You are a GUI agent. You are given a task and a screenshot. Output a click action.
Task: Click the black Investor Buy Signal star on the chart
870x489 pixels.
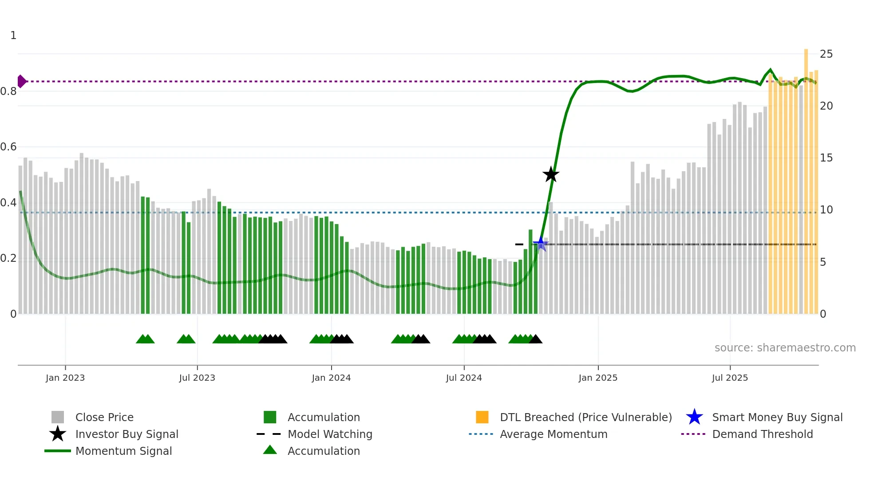pyautogui.click(x=551, y=174)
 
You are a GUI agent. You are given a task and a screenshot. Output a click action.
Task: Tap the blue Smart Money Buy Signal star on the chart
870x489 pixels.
pyautogui.click(x=540, y=243)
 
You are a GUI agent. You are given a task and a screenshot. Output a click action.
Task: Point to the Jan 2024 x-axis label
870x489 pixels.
pyautogui.click(x=331, y=378)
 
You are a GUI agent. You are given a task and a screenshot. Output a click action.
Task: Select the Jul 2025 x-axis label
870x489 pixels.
pyautogui.click(x=730, y=378)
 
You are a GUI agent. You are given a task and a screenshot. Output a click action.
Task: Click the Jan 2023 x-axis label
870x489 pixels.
pyautogui.click(x=65, y=378)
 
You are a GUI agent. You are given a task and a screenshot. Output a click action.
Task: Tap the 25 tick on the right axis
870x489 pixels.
pyautogui.click(x=826, y=54)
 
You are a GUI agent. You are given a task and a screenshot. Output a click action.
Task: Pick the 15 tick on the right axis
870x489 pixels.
pyautogui.click(x=826, y=158)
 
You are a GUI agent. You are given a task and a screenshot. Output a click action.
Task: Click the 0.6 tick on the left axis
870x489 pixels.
pyautogui.click(x=8, y=147)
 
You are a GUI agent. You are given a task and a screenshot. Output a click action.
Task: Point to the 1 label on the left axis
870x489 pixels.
pyautogui.click(x=13, y=35)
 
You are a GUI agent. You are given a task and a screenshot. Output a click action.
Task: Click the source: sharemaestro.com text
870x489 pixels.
pyautogui.click(x=785, y=347)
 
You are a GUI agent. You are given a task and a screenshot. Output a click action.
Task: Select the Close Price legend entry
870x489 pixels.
pyautogui.click(x=104, y=417)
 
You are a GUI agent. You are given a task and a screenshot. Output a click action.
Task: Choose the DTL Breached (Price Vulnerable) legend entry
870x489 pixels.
pyautogui.click(x=585, y=417)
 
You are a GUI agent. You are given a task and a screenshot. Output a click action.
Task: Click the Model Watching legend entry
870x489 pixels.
pyautogui.click(x=330, y=434)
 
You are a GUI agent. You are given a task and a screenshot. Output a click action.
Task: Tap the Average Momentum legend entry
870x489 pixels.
pyautogui.click(x=553, y=434)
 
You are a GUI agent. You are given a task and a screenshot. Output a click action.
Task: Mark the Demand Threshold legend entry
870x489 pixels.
pyautogui.click(x=762, y=434)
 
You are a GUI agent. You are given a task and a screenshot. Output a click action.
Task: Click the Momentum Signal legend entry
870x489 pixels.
pyautogui.click(x=123, y=451)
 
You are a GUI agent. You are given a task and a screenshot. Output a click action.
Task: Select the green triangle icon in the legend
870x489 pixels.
pyautogui.click(x=270, y=450)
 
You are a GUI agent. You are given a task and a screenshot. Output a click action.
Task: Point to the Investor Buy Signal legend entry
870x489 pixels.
pyautogui.click(x=127, y=434)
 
